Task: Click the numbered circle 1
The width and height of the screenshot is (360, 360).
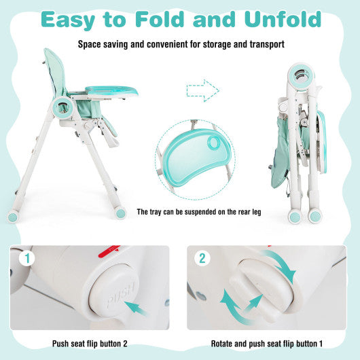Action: (26, 259)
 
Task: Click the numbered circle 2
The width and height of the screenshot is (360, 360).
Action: (201, 258)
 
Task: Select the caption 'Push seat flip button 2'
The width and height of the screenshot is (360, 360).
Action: (89, 342)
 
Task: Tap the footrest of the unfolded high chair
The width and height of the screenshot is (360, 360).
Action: (109, 140)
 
